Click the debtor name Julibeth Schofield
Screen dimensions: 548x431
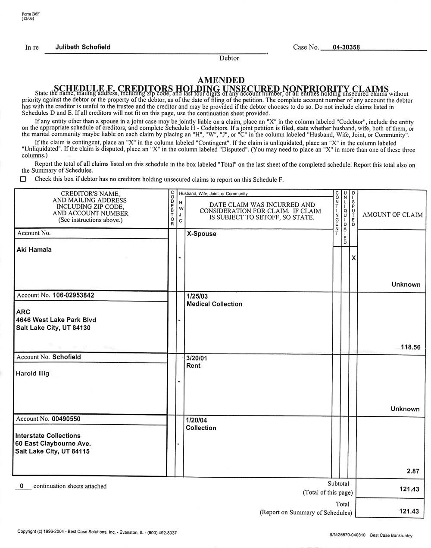[x=83, y=47]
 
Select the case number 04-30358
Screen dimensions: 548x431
[x=346, y=47]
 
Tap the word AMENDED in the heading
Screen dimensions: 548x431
[x=221, y=80]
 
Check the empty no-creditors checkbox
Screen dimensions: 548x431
[x=23, y=179]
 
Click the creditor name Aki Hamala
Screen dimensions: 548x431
[x=34, y=249]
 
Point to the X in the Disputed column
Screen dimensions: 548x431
[x=354, y=258]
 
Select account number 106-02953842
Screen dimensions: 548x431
[x=73, y=296]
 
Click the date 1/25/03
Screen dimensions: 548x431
[x=197, y=296]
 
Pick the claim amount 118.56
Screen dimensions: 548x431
[x=410, y=347]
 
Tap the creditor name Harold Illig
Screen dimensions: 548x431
[x=33, y=374]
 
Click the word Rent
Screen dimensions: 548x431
[x=193, y=366]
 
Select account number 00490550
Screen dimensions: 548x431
[x=66, y=419]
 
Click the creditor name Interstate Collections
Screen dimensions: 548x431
[x=48, y=436]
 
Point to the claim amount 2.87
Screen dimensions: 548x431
[x=412, y=471]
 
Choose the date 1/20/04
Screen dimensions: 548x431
[x=196, y=420]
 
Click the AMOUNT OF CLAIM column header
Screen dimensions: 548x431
[x=392, y=215]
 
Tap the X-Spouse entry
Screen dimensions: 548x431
[x=201, y=234]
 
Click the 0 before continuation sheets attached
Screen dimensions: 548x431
[x=22, y=486]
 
